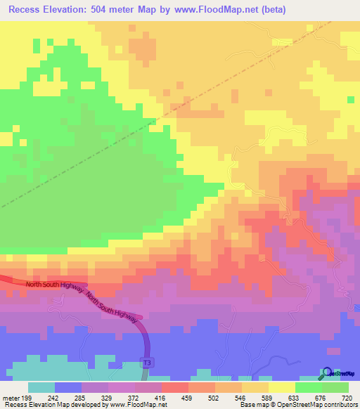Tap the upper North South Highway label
tap(55, 285)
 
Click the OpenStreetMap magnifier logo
tap(327, 372)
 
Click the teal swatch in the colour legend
tap(41, 387)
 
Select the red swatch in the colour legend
tap(175, 387)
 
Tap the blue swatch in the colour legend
tap(68, 387)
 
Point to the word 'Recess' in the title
tap(30, 11)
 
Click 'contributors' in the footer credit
tap(340, 405)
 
